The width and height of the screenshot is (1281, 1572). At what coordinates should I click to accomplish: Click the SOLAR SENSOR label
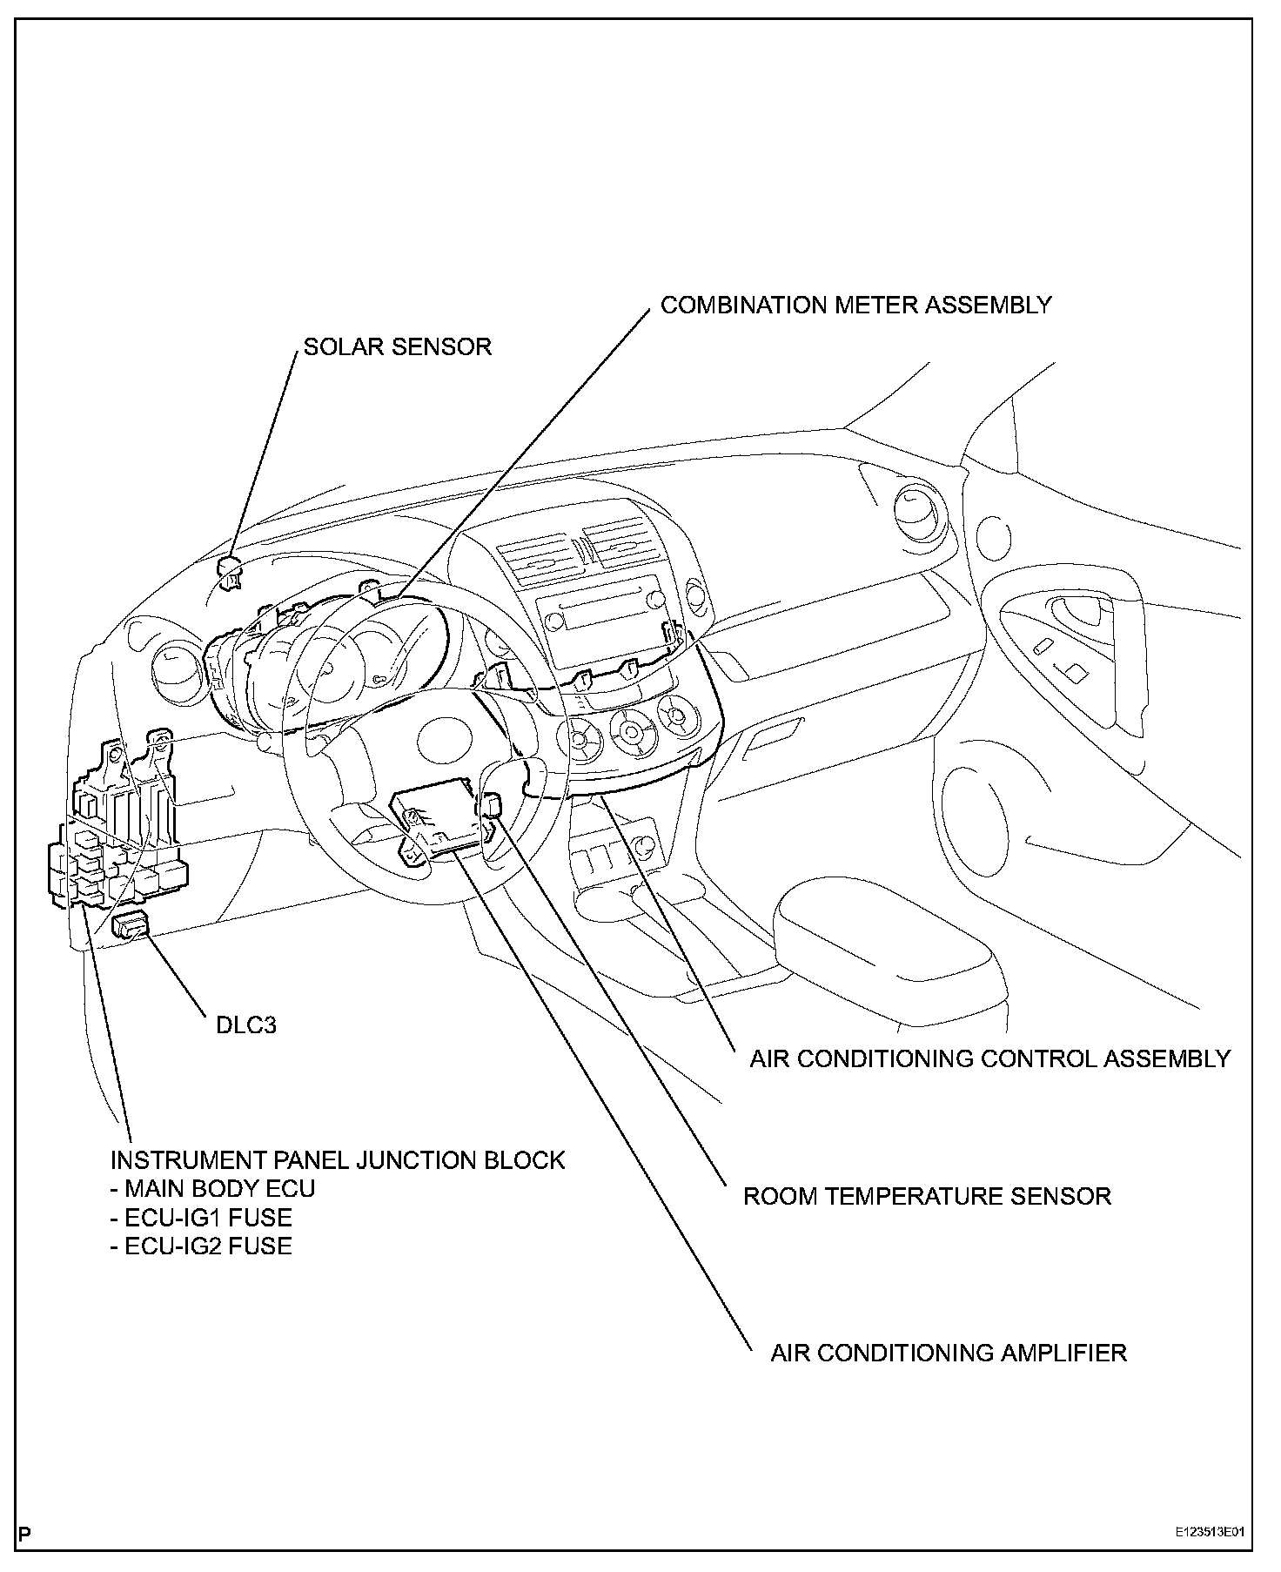[397, 346]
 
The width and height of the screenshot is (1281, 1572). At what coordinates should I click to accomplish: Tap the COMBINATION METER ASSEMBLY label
[855, 306]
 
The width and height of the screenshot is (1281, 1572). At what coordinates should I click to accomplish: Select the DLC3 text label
[246, 1024]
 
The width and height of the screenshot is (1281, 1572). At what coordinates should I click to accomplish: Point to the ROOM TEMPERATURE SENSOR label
[927, 1196]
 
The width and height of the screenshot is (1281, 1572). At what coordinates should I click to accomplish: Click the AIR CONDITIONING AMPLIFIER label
[949, 1353]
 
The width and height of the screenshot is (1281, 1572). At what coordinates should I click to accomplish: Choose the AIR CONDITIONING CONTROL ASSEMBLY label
[990, 1058]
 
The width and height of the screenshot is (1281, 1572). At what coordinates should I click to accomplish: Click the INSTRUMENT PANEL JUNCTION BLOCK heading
[338, 1160]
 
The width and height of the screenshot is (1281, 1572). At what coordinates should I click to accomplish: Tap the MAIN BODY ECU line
[213, 1188]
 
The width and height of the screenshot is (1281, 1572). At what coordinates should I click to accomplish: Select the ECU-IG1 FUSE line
[202, 1217]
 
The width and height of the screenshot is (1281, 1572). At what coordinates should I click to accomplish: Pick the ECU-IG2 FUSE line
[202, 1246]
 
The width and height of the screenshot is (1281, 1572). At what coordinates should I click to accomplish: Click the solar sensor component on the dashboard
[230, 570]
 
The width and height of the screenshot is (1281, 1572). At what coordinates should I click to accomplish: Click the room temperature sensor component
[491, 805]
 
